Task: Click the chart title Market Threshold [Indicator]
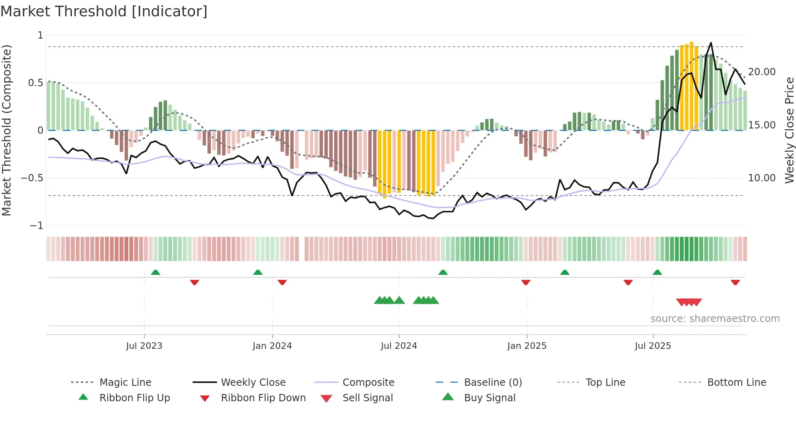104,11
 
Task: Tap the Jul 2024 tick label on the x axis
399,346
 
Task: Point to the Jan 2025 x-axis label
527,346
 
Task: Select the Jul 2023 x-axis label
144,346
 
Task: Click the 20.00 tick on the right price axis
761,72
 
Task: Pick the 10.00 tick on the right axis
761,178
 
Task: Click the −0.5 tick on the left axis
32,178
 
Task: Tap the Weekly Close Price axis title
789,130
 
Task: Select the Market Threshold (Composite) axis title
6,130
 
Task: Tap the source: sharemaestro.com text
715,319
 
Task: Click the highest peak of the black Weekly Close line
711,43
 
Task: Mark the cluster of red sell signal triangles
689,302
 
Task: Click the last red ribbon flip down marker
735,282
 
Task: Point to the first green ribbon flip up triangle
156,272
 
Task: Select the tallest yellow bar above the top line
691,85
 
